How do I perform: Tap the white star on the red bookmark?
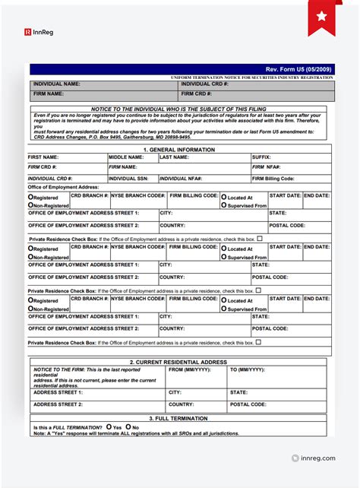(x=321, y=15)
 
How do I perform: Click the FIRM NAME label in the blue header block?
(x=49, y=93)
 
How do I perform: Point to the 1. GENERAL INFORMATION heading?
(x=179, y=150)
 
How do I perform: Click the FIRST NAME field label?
(x=45, y=157)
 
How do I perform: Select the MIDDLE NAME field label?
(x=126, y=157)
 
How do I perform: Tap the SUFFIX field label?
(x=262, y=157)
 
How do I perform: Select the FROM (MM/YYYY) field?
(x=187, y=369)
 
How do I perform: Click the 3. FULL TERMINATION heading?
(x=179, y=418)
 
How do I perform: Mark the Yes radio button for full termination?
(x=109, y=426)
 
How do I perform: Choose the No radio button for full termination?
(x=128, y=426)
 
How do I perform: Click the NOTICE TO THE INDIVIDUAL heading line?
(x=179, y=109)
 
